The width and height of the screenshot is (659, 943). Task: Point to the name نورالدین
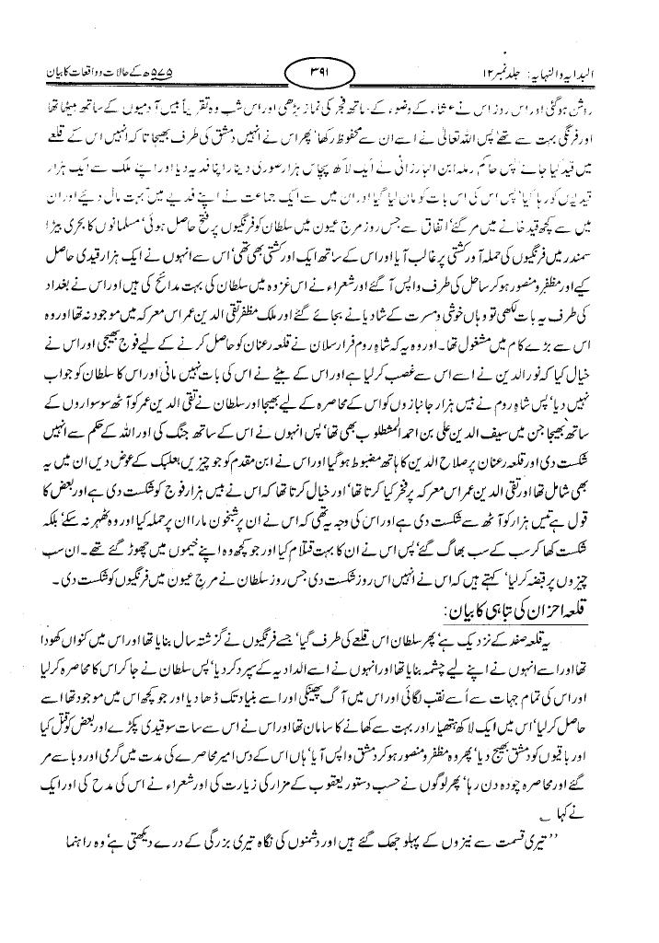542,350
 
